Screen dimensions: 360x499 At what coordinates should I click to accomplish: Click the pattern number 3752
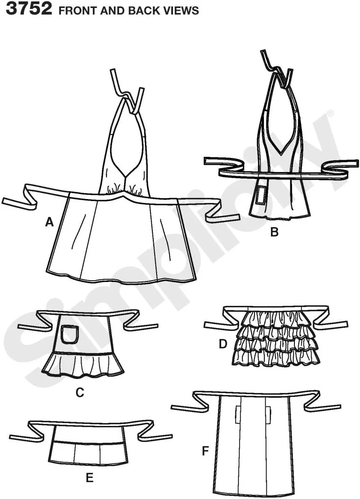pos(29,8)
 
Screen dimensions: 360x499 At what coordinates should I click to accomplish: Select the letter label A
pos(49,222)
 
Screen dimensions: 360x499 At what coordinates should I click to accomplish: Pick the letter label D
pos(223,344)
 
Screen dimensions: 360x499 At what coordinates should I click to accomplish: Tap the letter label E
pos(90,477)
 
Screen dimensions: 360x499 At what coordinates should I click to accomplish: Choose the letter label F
pos(206,451)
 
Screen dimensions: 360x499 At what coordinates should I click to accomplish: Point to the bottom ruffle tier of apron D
pos(276,357)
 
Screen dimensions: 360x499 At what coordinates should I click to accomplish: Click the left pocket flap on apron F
pos(239,414)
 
